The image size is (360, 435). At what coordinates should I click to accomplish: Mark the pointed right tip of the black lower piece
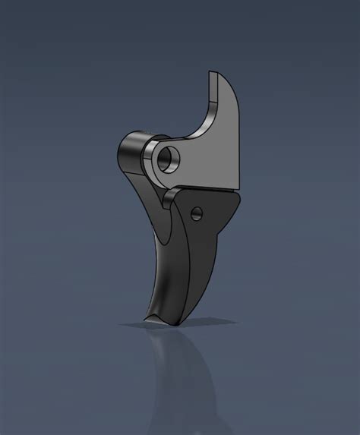point(241,195)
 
